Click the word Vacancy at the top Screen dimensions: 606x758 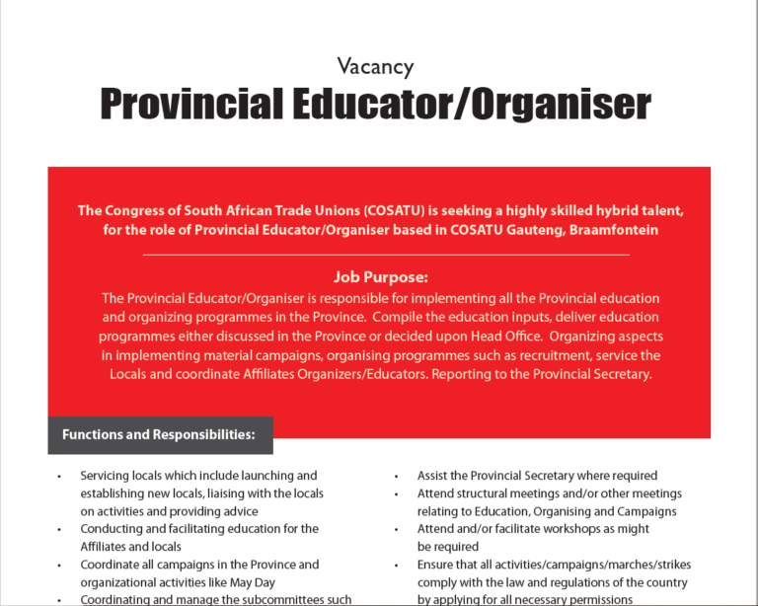pos(375,67)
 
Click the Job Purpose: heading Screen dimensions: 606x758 pos(379,277)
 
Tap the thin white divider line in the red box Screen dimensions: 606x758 pos(379,255)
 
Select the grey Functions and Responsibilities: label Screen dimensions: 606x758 pos(159,434)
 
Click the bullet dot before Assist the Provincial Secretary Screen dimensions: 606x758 pos(396,477)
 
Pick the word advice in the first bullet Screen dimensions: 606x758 pos(238,511)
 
